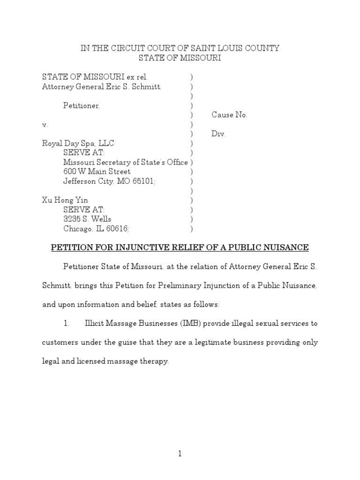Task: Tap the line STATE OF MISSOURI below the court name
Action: coord(180,58)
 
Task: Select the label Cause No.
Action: coord(229,115)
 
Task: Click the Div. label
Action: coord(218,134)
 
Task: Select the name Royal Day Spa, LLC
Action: coord(78,143)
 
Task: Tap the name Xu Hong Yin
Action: coord(65,200)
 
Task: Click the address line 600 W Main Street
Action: coord(97,172)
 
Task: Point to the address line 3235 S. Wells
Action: coord(87,219)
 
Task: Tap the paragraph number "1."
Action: coord(67,323)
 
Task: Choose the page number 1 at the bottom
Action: coord(180,454)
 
